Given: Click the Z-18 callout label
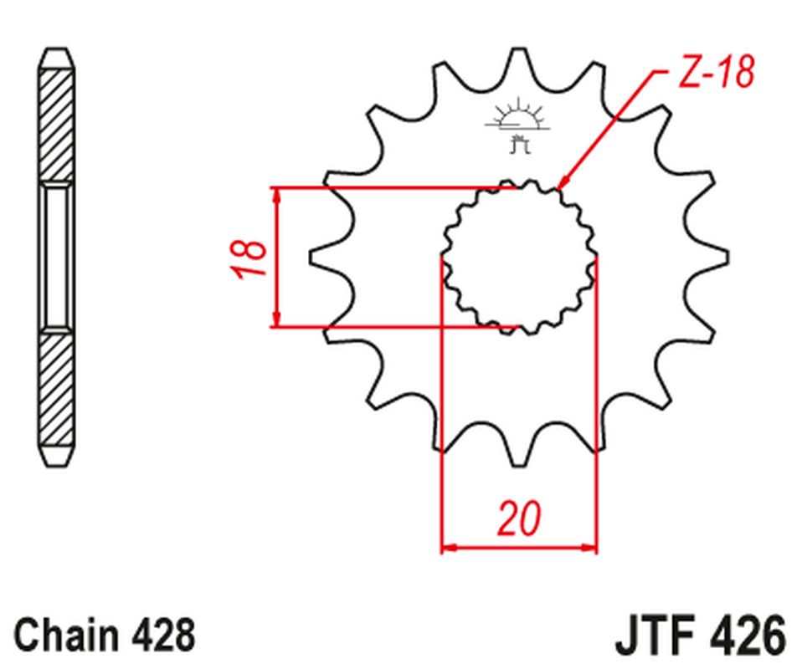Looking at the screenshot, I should tap(716, 74).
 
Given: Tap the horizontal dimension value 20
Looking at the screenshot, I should tap(519, 518).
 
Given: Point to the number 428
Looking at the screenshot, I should tap(164, 636).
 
